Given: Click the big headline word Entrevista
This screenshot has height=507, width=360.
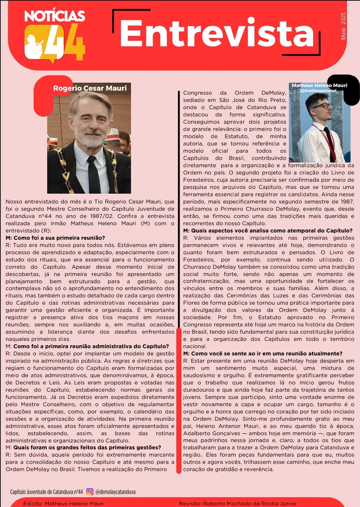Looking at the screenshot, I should pyautogui.click(x=217, y=34).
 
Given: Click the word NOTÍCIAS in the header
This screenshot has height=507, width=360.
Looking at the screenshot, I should pyautogui.click(x=54, y=16).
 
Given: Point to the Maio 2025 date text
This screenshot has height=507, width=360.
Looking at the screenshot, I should pyautogui.click(x=343, y=26).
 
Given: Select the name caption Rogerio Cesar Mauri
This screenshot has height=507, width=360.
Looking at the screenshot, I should pyautogui.click(x=90, y=88).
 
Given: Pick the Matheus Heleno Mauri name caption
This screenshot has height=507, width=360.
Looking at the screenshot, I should pyautogui.click(x=319, y=85).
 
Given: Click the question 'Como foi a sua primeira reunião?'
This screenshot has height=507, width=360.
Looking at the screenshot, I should pyautogui.click(x=55, y=238).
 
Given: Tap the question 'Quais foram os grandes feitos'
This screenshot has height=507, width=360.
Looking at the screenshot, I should pyautogui.click(x=87, y=448).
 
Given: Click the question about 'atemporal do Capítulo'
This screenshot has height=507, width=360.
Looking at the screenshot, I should pyautogui.click(x=268, y=231).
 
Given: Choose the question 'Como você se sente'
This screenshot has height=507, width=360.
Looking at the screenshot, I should pyautogui.click(x=263, y=354).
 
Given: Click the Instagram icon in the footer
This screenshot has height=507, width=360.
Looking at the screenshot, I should pyautogui.click(x=90, y=492).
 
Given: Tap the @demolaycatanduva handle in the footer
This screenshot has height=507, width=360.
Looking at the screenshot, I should pyautogui.click(x=115, y=492).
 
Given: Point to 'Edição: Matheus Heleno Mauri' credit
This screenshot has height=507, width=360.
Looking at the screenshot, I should pyautogui.click(x=64, y=503).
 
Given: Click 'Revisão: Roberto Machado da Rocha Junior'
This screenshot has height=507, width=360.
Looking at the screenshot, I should pyautogui.click(x=238, y=503).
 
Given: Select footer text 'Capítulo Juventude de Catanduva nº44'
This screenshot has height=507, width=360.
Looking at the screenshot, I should pyautogui.click(x=46, y=492).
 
